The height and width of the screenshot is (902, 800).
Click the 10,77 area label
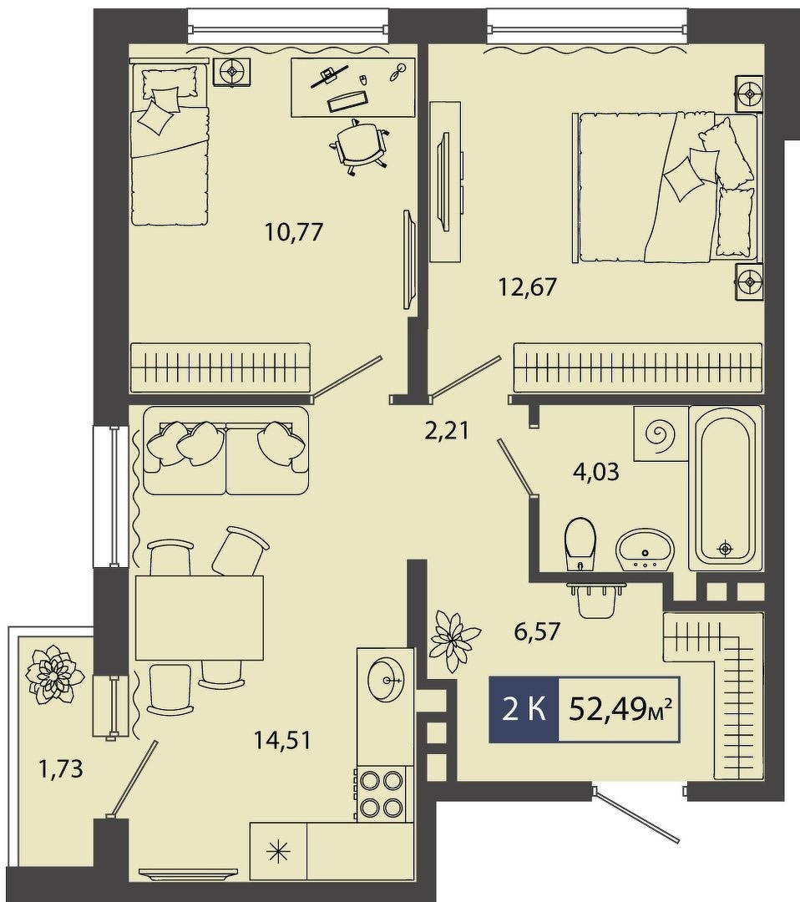click(x=295, y=232)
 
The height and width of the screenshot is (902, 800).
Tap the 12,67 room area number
click(x=528, y=286)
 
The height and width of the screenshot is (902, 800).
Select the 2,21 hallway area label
click(x=447, y=430)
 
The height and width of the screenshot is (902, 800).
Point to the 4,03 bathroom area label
click(x=596, y=472)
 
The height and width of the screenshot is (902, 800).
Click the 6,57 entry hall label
click(x=537, y=632)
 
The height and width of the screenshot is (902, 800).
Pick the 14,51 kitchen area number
click(x=282, y=740)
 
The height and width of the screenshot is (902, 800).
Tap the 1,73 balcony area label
click(x=60, y=768)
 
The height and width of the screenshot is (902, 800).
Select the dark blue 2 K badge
click(x=524, y=709)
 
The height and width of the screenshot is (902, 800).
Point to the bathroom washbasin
click(x=645, y=550)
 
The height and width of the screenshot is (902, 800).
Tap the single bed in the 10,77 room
click(x=169, y=144)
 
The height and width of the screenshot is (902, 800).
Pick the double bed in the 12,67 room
click(x=666, y=188)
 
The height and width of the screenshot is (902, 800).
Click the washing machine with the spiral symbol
click(x=661, y=433)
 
